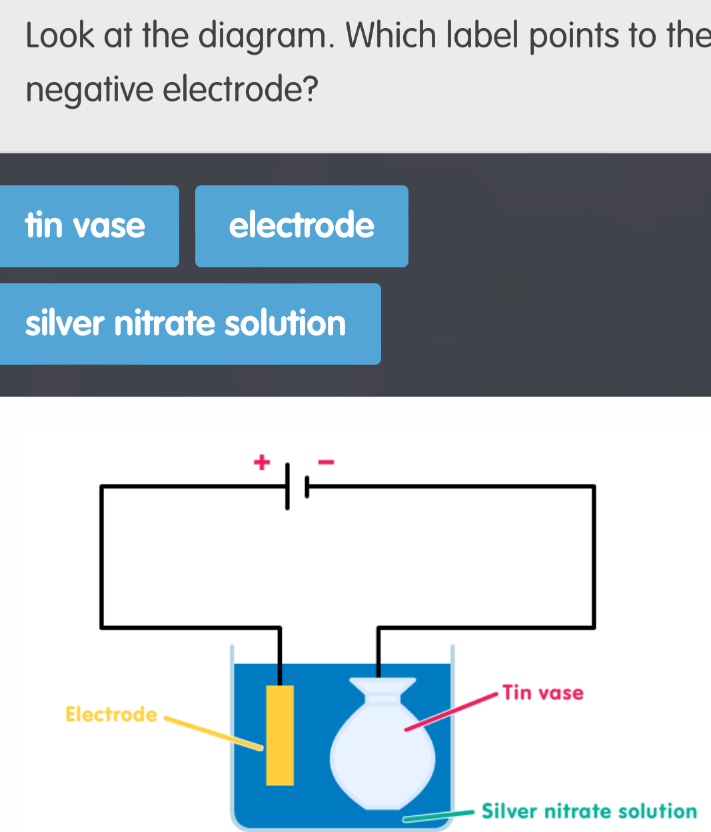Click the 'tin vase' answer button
click(87, 226)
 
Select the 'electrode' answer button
click(301, 226)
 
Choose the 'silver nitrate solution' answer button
click(187, 324)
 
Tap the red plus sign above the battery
click(263, 461)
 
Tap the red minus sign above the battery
click(326, 461)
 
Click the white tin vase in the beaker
click(383, 753)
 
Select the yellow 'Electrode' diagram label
click(111, 715)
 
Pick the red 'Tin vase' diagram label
click(543, 693)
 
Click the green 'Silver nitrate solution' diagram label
click(589, 811)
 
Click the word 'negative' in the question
click(90, 89)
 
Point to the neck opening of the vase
click(383, 681)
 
